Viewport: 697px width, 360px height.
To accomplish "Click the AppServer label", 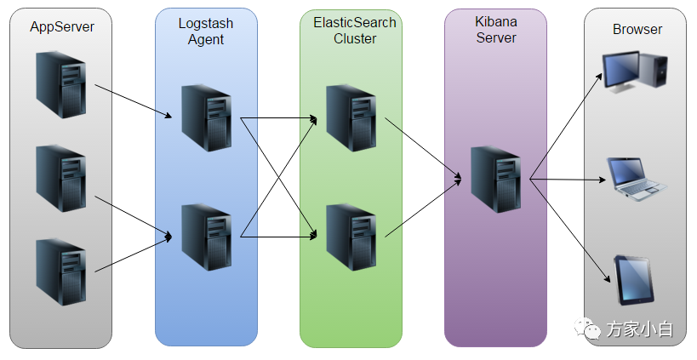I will [61, 27].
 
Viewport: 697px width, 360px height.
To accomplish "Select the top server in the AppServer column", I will [61, 83].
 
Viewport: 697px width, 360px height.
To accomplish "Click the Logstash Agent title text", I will [206, 31].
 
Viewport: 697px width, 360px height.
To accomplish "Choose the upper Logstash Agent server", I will [206, 117].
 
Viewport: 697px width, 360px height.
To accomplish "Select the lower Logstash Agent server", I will [206, 236].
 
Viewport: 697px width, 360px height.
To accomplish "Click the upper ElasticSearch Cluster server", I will [351, 117].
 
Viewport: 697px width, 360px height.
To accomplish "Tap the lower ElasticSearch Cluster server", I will [351, 236].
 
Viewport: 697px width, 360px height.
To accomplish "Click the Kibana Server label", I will [495, 31].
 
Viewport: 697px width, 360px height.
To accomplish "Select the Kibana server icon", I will [495, 180].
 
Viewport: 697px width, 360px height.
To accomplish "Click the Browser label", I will [637, 30].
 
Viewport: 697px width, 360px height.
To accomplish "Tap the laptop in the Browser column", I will [637, 178].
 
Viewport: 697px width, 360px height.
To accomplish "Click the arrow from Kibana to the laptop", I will [568, 180].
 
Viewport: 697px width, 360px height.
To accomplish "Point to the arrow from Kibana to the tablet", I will [570, 230].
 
